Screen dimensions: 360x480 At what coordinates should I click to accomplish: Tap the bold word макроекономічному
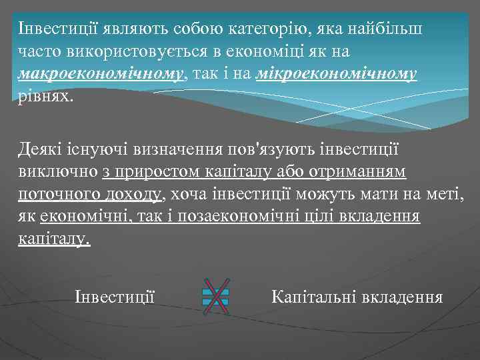pos(101,73)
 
